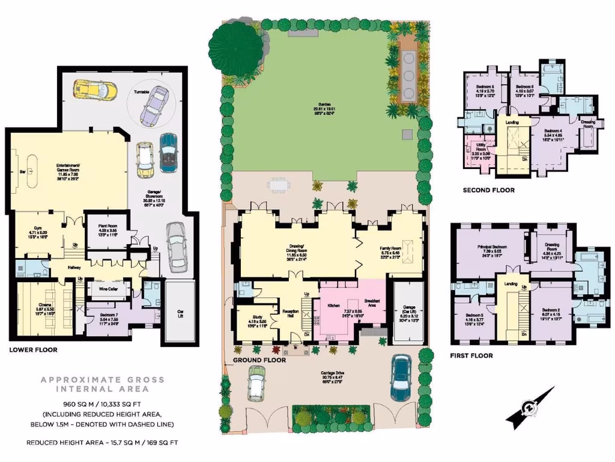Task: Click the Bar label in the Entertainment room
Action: (23, 171)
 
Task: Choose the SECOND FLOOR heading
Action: (488, 190)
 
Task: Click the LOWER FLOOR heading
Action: (33, 350)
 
